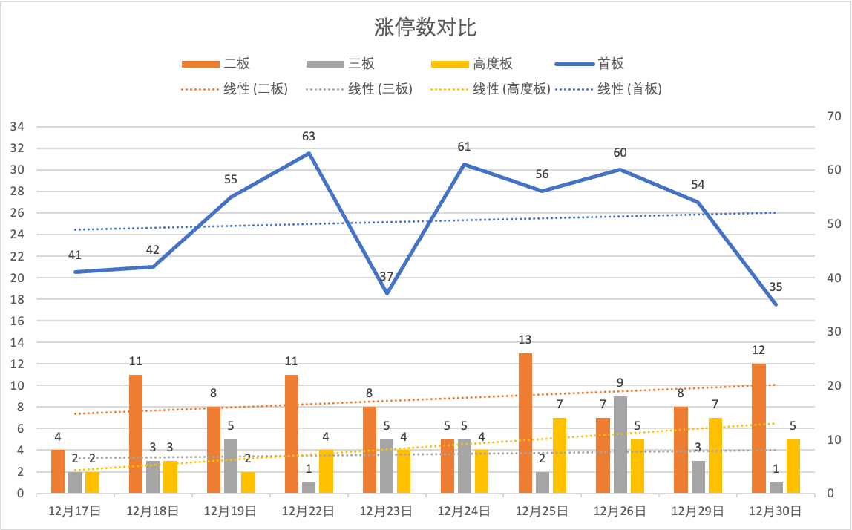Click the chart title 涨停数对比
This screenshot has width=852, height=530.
tap(425, 28)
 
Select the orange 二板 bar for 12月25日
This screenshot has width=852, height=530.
tap(525, 423)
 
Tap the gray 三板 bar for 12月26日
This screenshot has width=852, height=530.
tap(620, 445)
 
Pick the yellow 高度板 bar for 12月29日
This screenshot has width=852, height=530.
tap(715, 456)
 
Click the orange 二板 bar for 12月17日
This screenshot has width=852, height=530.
tap(58, 471)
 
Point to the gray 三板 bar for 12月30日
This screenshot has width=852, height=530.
tap(776, 488)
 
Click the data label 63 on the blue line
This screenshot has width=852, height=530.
tap(309, 137)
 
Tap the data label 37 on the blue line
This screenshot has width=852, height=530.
tap(387, 277)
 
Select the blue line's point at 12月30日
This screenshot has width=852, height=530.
tap(776, 304)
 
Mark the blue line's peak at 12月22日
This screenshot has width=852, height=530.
tap(309, 154)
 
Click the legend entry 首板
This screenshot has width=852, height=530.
tap(610, 65)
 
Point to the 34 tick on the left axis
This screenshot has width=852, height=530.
tap(17, 127)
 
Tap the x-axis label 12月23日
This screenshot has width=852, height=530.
tap(386, 511)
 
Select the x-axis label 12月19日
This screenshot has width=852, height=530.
tap(230, 511)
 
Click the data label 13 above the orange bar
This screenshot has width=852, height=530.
tap(525, 340)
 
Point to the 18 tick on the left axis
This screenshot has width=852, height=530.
tap(17, 300)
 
